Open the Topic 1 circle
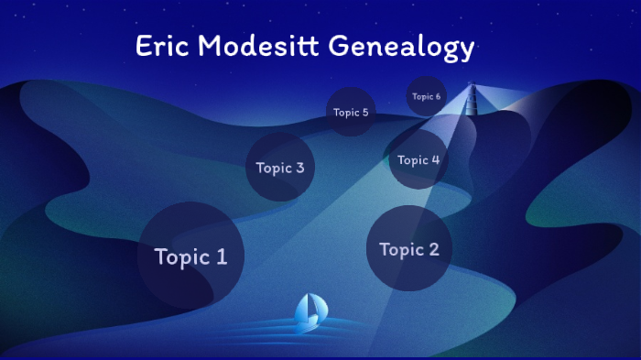[x=190, y=256]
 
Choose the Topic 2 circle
[x=409, y=248]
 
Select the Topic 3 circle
[x=280, y=167]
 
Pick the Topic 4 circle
[x=418, y=159]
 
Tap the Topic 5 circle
[x=351, y=112]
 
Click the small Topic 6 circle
[x=426, y=96]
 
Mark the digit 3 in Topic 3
[x=299, y=168]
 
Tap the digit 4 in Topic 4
[x=435, y=159]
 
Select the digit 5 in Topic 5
[x=364, y=113]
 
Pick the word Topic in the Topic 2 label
[x=400, y=249]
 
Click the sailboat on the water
[x=310, y=312]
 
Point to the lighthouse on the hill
[x=473, y=99]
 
